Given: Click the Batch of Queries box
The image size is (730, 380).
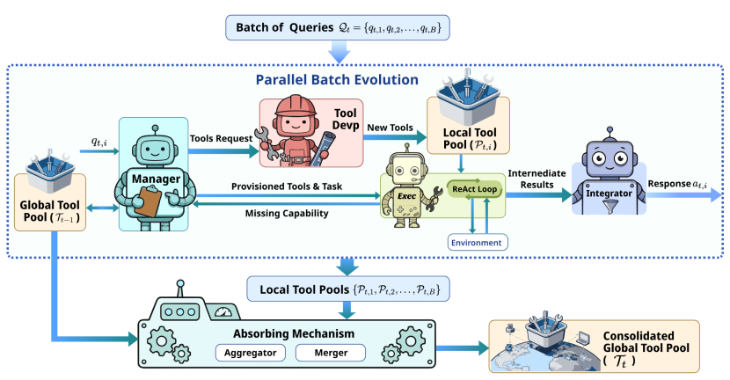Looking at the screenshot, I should click(x=338, y=28).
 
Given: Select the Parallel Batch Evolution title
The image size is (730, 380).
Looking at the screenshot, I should click(x=337, y=79).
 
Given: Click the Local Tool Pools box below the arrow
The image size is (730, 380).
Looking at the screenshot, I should click(x=339, y=289).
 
